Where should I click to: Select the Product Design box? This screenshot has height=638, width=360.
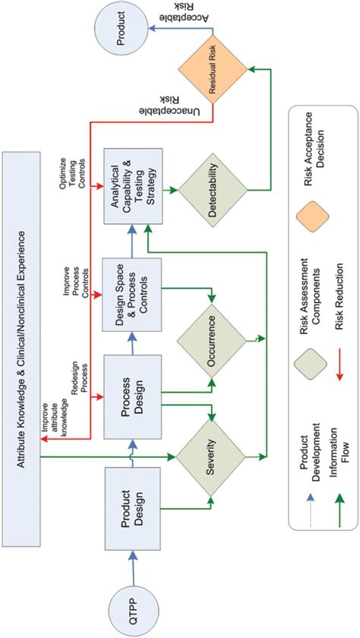click(134, 508)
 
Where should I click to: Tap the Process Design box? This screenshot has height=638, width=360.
click(134, 396)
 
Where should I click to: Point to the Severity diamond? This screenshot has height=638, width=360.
click(210, 456)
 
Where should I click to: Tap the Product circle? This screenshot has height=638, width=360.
click(118, 28)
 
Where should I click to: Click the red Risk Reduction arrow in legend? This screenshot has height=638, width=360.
click(341, 368)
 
